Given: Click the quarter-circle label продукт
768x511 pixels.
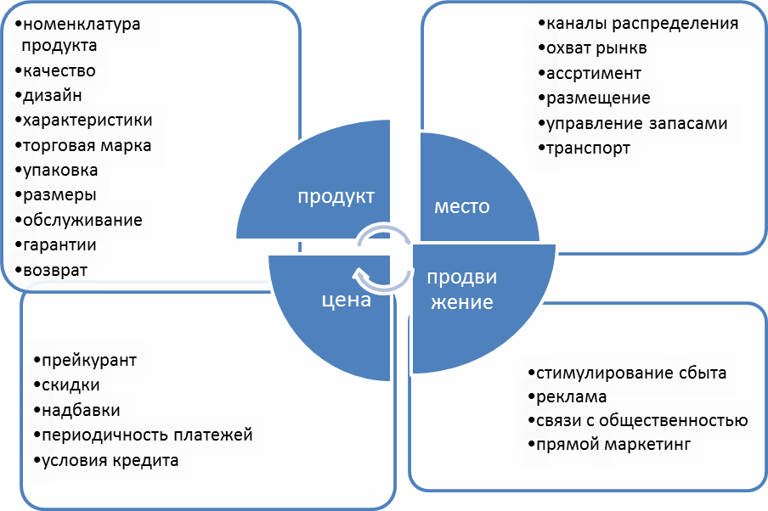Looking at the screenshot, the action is (336, 197).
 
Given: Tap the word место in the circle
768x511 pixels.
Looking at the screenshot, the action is (462, 206).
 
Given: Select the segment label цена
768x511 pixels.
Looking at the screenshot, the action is (346, 299).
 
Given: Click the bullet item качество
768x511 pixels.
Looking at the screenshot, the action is (59, 70).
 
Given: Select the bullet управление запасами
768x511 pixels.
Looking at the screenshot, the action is (636, 123).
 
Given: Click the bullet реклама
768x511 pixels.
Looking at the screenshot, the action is (570, 396).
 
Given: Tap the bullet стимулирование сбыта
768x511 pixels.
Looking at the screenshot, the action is (630, 373).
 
